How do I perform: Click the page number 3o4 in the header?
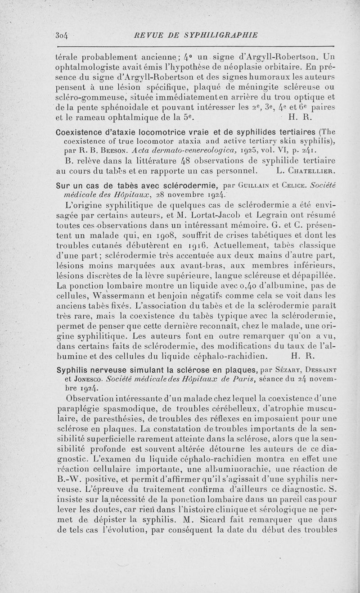tap(60, 35)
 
